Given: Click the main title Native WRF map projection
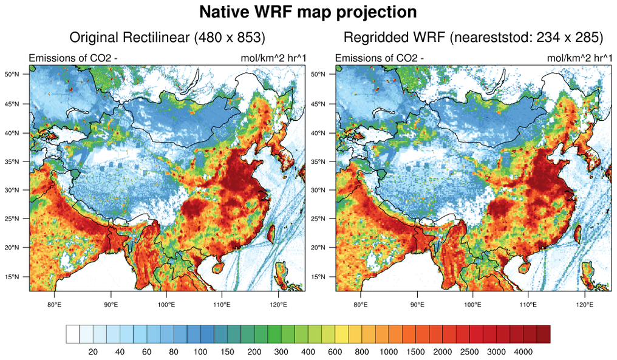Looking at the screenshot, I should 308,12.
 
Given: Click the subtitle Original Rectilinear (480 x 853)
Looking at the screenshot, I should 167,38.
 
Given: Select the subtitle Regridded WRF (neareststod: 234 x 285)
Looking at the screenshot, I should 473,38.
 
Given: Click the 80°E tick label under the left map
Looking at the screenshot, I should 54,304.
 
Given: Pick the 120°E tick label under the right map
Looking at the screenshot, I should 584,304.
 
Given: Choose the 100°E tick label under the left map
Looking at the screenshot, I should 166,304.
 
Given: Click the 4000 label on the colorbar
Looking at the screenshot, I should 523,352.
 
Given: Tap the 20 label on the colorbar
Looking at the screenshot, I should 94,352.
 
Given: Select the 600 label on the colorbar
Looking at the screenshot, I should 335,352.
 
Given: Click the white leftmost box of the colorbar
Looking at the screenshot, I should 73,335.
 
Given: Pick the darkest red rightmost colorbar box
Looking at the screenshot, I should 543,335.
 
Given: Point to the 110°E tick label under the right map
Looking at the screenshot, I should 528,304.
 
